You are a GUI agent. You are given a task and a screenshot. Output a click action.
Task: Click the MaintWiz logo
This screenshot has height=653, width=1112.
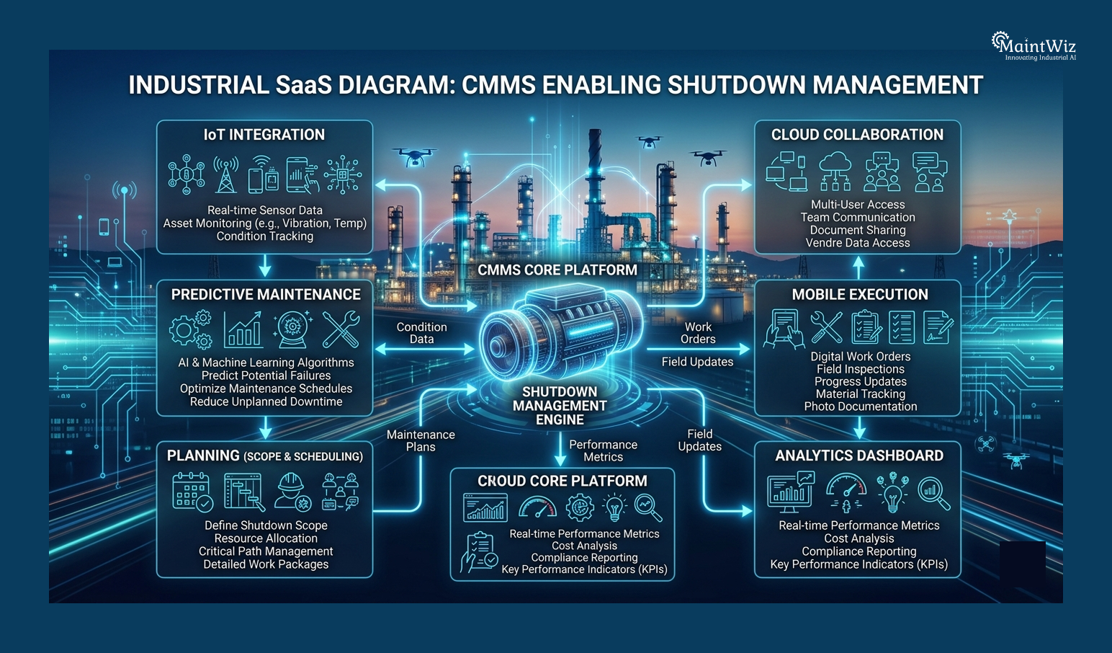1033,46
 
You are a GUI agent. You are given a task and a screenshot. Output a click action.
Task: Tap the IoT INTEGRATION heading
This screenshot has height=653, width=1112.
264,135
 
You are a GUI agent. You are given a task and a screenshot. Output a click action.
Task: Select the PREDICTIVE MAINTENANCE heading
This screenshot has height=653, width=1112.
266,294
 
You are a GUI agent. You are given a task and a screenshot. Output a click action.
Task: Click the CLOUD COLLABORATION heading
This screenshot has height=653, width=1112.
857,135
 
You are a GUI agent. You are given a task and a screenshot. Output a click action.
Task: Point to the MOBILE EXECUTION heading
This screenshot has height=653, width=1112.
860,294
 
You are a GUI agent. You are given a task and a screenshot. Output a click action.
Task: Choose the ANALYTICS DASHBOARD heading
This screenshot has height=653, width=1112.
859,456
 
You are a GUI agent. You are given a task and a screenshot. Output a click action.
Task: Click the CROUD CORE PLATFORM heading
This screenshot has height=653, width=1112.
562,481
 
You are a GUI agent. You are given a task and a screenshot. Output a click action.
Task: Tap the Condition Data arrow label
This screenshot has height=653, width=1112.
422,333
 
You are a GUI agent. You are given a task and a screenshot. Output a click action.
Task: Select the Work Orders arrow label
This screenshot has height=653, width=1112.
698,333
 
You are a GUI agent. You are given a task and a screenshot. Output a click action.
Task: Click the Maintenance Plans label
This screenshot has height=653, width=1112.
421,440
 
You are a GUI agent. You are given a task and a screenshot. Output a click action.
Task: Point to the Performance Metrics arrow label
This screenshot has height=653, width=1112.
604,450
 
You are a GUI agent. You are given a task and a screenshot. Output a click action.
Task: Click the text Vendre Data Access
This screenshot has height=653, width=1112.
858,243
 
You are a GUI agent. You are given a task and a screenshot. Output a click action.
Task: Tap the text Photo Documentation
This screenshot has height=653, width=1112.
861,407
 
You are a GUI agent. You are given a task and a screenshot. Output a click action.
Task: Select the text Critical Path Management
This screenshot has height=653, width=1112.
266,551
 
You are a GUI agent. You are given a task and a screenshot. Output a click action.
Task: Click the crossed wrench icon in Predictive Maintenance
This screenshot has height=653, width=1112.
341,329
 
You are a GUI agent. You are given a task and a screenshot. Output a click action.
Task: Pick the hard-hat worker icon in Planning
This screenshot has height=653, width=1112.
292,492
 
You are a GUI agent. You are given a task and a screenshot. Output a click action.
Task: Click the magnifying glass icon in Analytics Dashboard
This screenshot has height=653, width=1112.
933,493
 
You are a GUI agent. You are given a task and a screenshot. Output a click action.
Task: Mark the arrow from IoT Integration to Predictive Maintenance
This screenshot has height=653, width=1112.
265,266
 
